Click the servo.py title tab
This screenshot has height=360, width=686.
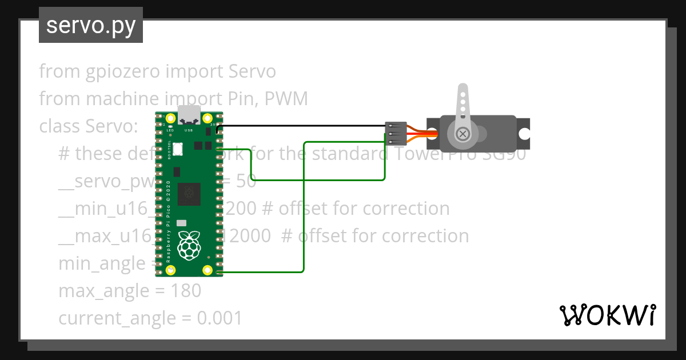pos(90,26)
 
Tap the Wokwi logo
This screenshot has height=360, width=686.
pos(607,315)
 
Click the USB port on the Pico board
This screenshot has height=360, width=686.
pos(189,115)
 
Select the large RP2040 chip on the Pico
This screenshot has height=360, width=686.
pos(189,194)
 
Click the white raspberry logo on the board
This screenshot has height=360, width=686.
pos(189,245)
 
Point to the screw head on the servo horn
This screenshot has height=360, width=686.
pos(463,134)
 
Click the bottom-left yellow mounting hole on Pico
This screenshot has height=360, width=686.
pos(169,270)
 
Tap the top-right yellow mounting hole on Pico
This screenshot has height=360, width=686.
pos(208,119)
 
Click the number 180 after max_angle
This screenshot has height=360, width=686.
pos(186,291)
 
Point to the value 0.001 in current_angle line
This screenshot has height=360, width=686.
pos(220,318)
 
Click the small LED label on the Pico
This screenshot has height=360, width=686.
pos(169,131)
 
